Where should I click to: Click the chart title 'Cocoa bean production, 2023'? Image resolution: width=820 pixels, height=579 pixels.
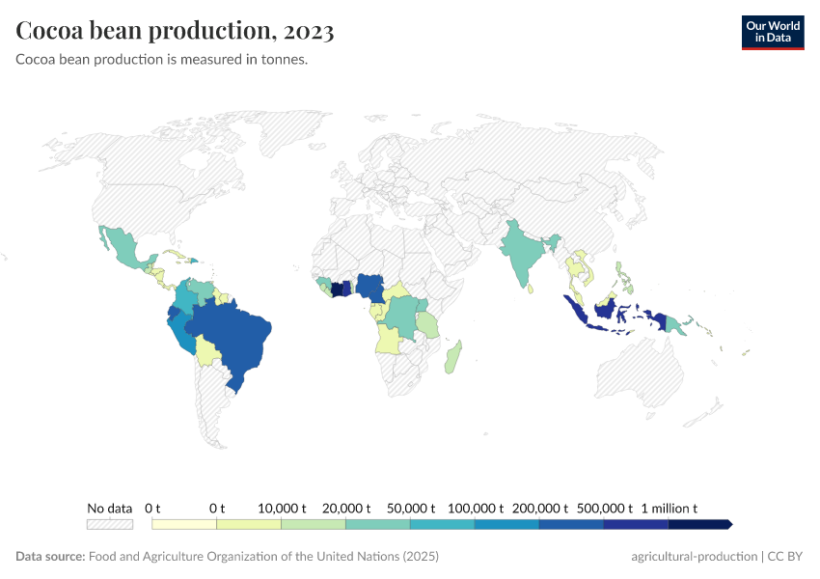[175, 31]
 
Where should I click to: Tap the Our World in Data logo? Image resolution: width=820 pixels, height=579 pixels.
[772, 32]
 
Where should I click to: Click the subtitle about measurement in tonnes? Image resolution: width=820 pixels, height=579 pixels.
[161, 60]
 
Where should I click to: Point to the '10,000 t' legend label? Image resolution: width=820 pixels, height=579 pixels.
[282, 508]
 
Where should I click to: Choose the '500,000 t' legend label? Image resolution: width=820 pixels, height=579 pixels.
[604, 508]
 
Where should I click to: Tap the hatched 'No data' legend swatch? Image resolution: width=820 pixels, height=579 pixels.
[109, 524]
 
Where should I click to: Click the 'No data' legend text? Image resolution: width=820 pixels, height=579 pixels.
[109, 508]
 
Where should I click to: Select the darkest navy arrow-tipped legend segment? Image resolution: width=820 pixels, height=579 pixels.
[699, 524]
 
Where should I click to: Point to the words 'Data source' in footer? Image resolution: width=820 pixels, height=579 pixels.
[50, 557]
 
